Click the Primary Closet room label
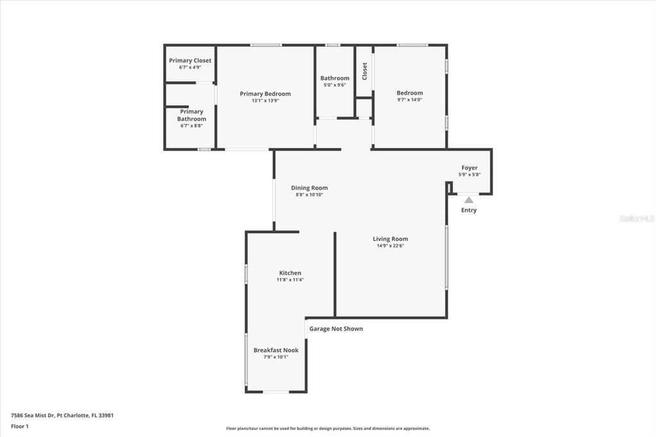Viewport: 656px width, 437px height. point(190,61)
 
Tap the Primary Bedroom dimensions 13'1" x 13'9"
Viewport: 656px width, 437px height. point(265,101)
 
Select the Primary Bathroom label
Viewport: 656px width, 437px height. point(192,115)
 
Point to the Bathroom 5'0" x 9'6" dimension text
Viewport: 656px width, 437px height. point(334,85)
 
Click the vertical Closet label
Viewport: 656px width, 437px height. point(365,70)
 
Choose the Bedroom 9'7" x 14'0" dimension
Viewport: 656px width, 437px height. point(409,99)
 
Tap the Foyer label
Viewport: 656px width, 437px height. point(470,168)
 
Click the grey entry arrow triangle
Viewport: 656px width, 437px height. point(469,200)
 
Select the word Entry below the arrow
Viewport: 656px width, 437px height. point(469,210)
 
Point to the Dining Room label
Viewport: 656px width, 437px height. point(309,188)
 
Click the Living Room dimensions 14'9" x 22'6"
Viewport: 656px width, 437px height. point(390,245)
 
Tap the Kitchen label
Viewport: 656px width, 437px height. point(290,273)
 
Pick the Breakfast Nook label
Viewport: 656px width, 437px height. point(276,350)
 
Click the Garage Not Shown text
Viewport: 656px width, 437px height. point(336,329)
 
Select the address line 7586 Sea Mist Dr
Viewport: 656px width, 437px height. point(62,415)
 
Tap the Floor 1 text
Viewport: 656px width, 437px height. point(20,426)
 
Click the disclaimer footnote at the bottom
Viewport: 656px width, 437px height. point(328,429)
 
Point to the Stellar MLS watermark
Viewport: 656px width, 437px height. point(636,218)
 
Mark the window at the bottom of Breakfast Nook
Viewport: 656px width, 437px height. point(277,392)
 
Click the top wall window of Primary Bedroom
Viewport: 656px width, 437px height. point(266,45)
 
